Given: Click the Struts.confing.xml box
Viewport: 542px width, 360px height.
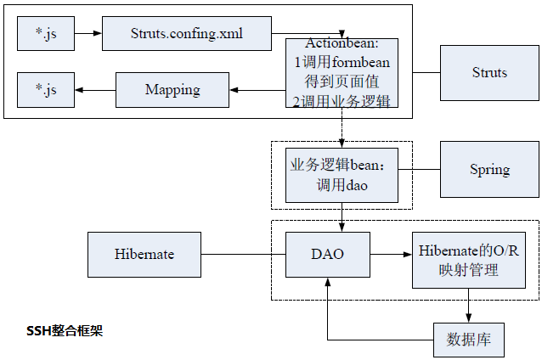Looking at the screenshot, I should [187, 34].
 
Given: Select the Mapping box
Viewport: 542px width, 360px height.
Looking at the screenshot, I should [172, 90].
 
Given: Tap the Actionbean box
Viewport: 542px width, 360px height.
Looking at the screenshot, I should [342, 73].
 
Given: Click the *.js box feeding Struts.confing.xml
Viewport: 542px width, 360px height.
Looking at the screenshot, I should [46, 34].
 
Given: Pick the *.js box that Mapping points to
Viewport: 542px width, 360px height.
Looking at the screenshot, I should [46, 90].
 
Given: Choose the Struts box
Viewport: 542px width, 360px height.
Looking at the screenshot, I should [489, 72].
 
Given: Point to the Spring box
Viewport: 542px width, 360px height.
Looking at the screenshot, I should [489, 170].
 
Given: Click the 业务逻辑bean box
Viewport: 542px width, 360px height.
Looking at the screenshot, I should [342, 173].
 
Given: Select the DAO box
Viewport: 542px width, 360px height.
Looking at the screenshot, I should [327, 253].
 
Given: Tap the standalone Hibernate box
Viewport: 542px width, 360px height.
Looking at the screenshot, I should [144, 253].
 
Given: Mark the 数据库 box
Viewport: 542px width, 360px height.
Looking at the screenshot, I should [469, 340].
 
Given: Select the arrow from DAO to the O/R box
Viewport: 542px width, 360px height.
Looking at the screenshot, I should [390, 253].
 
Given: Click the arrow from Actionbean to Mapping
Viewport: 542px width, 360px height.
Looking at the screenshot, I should [257, 90].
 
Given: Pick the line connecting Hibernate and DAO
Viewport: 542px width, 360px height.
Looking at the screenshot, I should [242, 253].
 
